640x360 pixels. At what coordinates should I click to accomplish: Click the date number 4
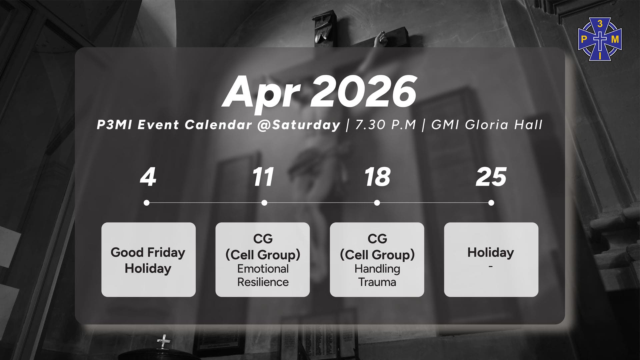pos(148,177)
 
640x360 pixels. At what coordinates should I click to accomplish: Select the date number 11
pos(263,177)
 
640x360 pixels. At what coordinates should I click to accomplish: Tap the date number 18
pos(377,177)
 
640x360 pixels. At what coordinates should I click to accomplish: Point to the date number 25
pos(491,177)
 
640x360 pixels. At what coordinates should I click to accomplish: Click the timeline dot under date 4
pos(147,203)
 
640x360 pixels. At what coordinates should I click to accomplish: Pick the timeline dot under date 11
pos(264,203)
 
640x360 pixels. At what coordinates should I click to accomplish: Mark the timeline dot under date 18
pos(377,203)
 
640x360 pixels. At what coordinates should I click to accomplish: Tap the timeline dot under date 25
pos(491,203)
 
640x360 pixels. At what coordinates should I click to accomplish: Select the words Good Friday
pos(148,253)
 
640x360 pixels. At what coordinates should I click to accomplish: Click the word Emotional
pos(263,269)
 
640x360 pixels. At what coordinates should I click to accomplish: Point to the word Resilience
pos(263,282)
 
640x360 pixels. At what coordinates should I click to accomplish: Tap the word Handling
pos(377,269)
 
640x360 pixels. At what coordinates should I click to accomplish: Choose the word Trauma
pos(377,282)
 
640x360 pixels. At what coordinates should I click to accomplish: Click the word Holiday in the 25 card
pos(491,252)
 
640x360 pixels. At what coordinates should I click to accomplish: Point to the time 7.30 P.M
pos(386,125)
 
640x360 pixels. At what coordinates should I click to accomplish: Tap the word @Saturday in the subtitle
pos(299,125)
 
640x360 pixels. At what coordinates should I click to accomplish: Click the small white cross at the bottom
pos(164,341)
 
